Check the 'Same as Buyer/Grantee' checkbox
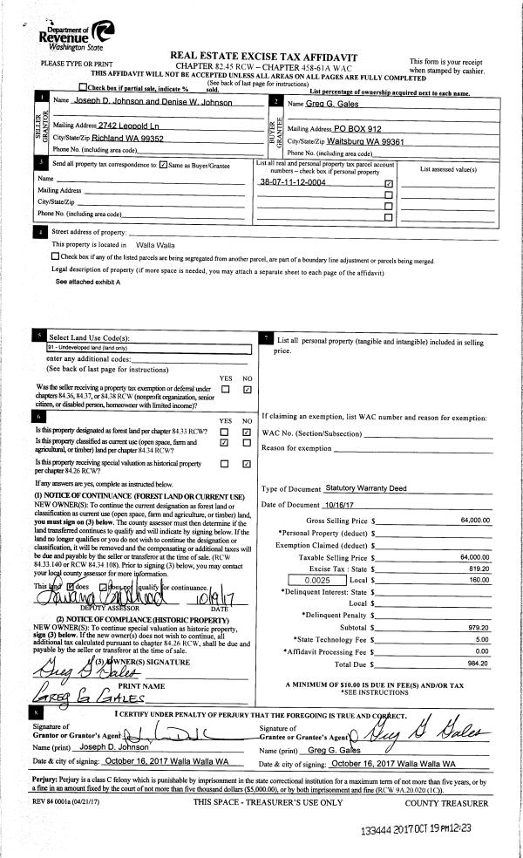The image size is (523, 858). click(164, 164)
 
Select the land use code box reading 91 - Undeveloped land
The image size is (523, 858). click(148, 347)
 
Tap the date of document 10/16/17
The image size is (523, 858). click(340, 505)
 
